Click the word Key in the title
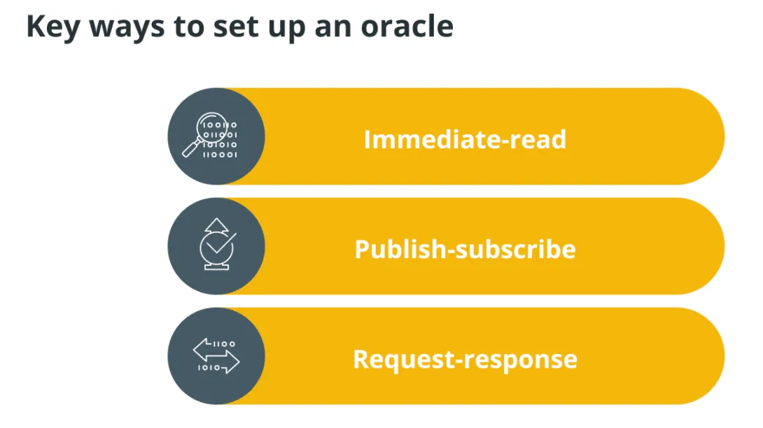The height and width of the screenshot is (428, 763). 53,27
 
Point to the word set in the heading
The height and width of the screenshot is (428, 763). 235,27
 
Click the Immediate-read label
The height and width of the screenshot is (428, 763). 465,139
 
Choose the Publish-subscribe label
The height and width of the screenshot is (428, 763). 465,249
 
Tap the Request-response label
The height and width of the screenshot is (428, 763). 465,359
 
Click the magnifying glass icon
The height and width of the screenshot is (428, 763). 205,135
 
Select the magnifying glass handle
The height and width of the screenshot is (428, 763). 192,148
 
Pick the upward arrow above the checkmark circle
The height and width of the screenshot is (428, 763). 216,225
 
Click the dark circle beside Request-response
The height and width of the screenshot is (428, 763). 216,356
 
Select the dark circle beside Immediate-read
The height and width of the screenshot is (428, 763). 216,136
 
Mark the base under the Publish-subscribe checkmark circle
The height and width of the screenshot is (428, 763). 216,266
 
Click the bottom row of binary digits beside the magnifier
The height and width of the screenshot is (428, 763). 220,155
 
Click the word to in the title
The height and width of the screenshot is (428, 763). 188,27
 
